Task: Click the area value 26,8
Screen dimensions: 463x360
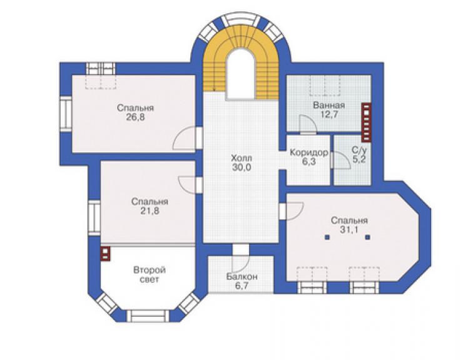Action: pyautogui.click(x=136, y=117)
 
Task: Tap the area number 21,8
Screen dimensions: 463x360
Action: pyautogui.click(x=150, y=211)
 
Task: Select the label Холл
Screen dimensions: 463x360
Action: pyautogui.click(x=242, y=158)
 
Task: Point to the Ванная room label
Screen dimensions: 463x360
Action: pyautogui.click(x=329, y=105)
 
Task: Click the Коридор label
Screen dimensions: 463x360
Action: pyautogui.click(x=309, y=153)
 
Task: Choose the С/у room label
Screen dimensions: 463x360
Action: pyautogui.click(x=359, y=150)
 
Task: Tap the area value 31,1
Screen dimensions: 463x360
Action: pyautogui.click(x=349, y=230)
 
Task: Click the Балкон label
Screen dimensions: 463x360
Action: pyautogui.click(x=242, y=277)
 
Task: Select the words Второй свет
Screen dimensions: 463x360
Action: pyautogui.click(x=150, y=275)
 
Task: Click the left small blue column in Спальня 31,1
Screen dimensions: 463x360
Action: pyautogui.click(x=327, y=237)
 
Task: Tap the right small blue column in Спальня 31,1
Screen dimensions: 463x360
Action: pyautogui.click(x=368, y=237)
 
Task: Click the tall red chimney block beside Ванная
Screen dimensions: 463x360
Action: pyautogui.click(x=367, y=121)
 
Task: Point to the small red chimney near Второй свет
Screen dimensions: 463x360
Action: pyautogui.click(x=105, y=254)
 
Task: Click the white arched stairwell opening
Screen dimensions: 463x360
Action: pyautogui.click(x=240, y=75)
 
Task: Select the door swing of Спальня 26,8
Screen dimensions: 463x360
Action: pyautogui.click(x=184, y=138)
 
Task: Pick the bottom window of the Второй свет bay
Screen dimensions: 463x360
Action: pyautogui.click(x=150, y=316)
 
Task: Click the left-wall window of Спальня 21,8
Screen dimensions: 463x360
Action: pyautogui.click(x=94, y=218)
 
